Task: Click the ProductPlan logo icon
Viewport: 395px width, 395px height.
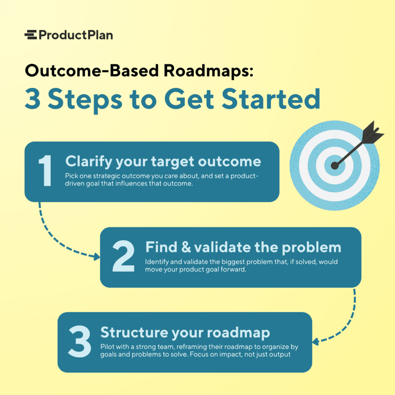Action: pos(30,35)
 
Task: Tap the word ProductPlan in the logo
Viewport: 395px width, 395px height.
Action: pos(76,35)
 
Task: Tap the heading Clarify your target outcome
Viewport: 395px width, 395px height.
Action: pos(163,162)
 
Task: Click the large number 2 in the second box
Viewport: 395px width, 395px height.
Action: pos(123,256)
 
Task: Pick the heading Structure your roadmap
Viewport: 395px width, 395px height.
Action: pos(185,333)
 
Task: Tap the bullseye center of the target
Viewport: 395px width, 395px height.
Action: pos(335,165)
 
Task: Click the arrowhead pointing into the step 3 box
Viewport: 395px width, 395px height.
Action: pos(316,342)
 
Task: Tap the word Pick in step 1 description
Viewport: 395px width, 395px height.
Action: pos(72,176)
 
